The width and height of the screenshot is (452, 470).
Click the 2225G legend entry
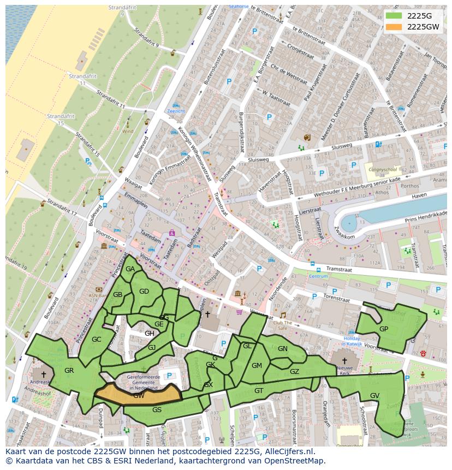[418, 16]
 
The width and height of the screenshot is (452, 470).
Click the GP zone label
[384, 329]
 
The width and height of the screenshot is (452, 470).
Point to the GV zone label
[374, 395]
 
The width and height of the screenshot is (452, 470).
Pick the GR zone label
[69, 371]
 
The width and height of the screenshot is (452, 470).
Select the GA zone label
[130, 269]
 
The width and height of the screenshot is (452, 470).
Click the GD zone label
[144, 291]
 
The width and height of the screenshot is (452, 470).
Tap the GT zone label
[259, 390]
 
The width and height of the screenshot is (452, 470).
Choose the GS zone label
[157, 409]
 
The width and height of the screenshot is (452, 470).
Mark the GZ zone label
[294, 372]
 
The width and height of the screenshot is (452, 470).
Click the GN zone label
[282, 349]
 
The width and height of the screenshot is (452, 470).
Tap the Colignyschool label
[382, 170]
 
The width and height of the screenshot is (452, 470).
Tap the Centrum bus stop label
[318, 276]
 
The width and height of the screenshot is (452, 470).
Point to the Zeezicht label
[176, 111]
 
